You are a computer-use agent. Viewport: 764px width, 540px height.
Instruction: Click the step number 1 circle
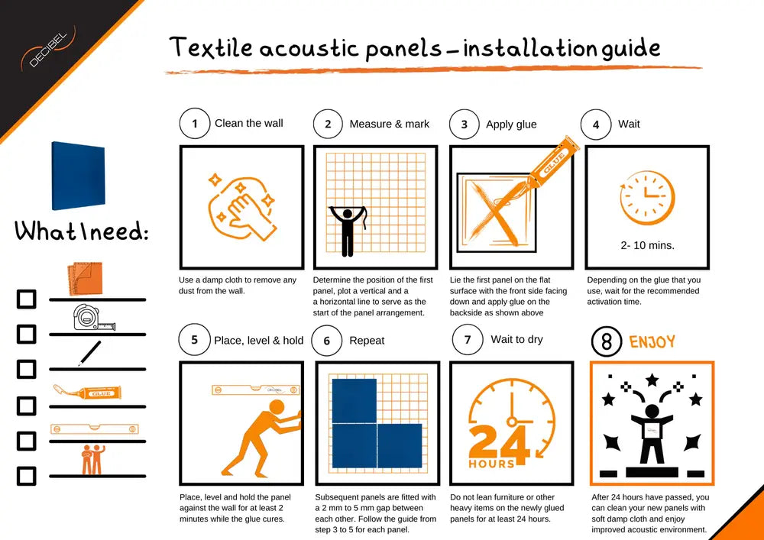pyautogui.click(x=195, y=124)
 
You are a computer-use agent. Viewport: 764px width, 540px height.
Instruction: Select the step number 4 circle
pyautogui.click(x=596, y=124)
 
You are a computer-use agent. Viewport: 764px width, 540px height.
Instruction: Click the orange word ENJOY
pyautogui.click(x=652, y=341)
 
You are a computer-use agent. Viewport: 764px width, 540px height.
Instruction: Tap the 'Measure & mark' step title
pyautogui.click(x=389, y=124)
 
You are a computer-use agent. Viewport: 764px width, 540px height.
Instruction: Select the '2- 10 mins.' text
pyautogui.click(x=647, y=246)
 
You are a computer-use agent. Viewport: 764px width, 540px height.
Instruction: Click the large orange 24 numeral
pyautogui.click(x=500, y=444)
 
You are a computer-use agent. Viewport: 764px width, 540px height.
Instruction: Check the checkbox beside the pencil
pyautogui.click(x=27, y=369)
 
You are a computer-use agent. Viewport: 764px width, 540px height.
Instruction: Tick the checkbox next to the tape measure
pyautogui.click(x=27, y=334)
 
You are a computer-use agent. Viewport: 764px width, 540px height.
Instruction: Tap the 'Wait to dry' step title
pyautogui.click(x=516, y=339)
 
